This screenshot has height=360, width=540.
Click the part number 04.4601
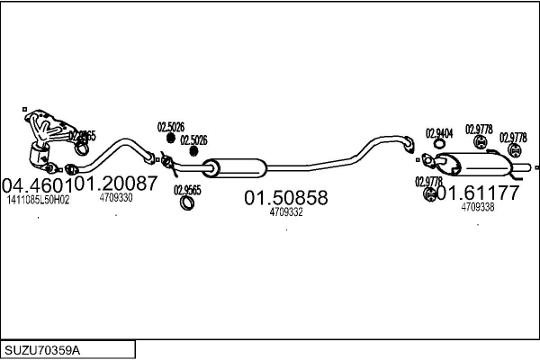click(37, 184)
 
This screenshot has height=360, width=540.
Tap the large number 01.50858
click(286, 197)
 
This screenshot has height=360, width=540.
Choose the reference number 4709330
click(116, 198)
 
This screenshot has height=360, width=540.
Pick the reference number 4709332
click(286, 212)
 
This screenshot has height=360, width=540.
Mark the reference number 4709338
click(477, 207)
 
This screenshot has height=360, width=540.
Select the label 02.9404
click(438, 133)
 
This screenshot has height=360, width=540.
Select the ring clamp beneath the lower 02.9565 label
click(188, 202)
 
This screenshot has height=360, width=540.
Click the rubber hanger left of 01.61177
click(430, 193)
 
